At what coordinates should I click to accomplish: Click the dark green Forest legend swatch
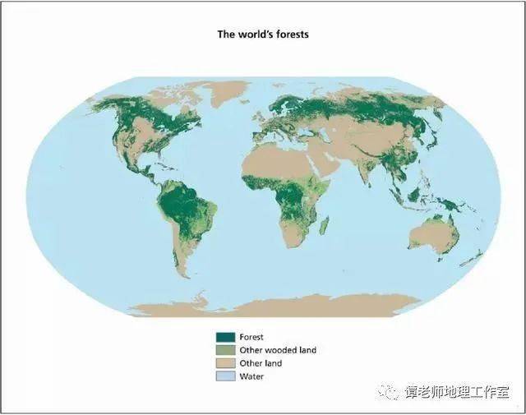pyautogui.click(x=225, y=337)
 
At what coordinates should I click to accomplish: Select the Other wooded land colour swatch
pyautogui.click(x=225, y=350)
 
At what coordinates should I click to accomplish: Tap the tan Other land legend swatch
pyautogui.click(x=225, y=363)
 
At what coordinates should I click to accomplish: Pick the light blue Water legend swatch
pyautogui.click(x=225, y=376)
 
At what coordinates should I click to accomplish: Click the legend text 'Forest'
pyautogui.click(x=251, y=337)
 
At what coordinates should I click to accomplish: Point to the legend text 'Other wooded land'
pyautogui.click(x=277, y=350)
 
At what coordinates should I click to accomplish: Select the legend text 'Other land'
pyautogui.click(x=261, y=363)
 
